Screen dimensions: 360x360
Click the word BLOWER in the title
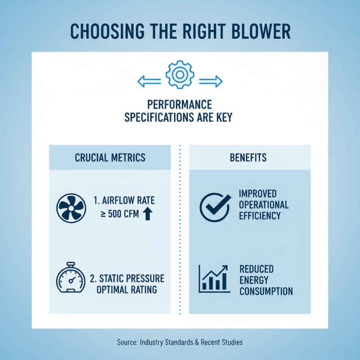coord(261,31)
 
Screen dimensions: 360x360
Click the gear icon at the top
coord(180,75)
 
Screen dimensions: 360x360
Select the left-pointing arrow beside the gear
coord(149,81)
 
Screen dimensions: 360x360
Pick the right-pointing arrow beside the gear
coord(211,81)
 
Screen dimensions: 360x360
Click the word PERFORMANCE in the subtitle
coord(180,105)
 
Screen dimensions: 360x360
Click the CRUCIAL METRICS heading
coord(110,158)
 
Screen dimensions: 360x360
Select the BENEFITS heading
coord(248,158)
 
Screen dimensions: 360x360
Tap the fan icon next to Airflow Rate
coord(71,208)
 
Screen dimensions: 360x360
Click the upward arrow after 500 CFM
coord(148,214)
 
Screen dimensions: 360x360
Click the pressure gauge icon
coord(71,277)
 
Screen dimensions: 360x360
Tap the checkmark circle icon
coord(215,207)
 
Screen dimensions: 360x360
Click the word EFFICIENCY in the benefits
coord(260,216)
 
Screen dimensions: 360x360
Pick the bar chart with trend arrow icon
coord(214,279)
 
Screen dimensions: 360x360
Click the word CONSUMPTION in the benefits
coord(266,291)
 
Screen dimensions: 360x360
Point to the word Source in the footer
coord(127,342)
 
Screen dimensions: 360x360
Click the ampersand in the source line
coord(197,342)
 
